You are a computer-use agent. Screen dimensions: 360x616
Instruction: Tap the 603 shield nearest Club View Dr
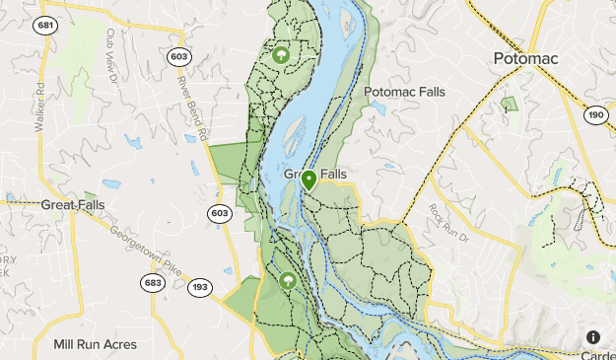coord(177,57)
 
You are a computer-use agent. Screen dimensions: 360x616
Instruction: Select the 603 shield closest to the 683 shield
coord(220,212)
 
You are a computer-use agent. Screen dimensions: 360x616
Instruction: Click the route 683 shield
coord(152,283)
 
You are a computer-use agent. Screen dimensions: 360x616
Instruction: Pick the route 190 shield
coord(595,114)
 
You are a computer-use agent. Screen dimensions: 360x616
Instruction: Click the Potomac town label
coord(525,59)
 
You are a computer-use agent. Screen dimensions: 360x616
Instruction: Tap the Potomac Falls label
coord(404,92)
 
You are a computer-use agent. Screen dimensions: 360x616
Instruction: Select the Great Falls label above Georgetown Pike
coord(72,205)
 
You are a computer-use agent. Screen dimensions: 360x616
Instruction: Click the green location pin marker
coord(308,180)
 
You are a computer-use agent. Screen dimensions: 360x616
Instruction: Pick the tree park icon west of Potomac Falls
coord(281,56)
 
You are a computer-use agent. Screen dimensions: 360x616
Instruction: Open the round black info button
coord(593,336)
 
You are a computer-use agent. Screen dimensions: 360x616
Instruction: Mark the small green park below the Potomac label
coord(509,104)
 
